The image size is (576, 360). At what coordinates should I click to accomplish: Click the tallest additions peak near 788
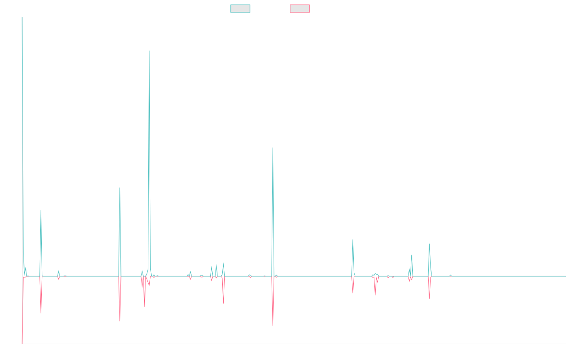coord(149,51)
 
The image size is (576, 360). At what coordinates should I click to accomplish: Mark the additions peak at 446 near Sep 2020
coord(272,148)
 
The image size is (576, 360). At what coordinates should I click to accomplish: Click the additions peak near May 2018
coord(120,188)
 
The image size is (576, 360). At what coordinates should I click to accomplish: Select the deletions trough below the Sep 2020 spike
coord(273,325)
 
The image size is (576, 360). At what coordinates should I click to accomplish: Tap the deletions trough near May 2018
coord(120,321)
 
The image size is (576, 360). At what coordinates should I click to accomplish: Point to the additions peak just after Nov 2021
coord(353,240)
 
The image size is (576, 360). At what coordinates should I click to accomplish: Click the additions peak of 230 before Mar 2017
coord(41,210)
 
